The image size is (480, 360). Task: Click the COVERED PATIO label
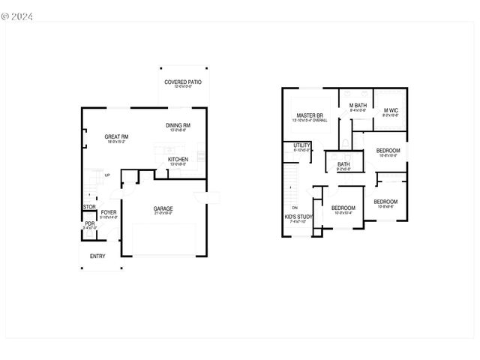[x=183, y=82]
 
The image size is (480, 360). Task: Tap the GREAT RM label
[x=116, y=136]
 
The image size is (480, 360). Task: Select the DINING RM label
[x=178, y=125]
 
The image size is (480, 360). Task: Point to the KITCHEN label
[x=178, y=159]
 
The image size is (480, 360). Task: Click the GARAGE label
[x=163, y=208]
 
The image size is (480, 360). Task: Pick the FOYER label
[x=109, y=212]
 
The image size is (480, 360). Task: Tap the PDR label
[x=89, y=223]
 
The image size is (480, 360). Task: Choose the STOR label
[x=89, y=207]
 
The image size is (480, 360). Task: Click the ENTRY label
[x=97, y=256]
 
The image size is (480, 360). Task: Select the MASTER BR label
[x=309, y=115]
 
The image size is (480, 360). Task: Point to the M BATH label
[x=358, y=106]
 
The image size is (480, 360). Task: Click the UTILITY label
[x=302, y=145]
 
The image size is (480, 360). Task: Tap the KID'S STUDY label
[x=299, y=217]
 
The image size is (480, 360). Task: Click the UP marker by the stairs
[x=107, y=175]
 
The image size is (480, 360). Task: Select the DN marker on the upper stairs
[x=295, y=208]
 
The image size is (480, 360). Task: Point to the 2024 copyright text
[x=19, y=14]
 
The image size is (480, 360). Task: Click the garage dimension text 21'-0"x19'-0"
[x=163, y=213]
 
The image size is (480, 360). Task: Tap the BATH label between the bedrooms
[x=343, y=164]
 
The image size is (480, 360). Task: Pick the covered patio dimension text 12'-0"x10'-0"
[x=183, y=86]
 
